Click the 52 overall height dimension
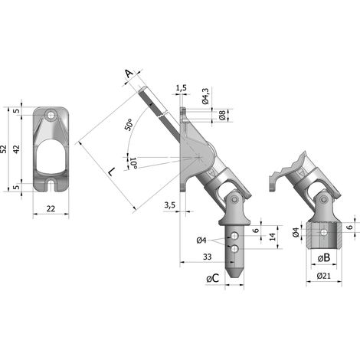(4, 149)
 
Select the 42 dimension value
(16, 149)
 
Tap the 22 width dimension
(51, 209)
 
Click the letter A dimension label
(129, 74)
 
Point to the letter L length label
(111, 172)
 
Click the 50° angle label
(129, 125)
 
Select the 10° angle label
(133, 163)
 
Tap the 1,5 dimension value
(182, 88)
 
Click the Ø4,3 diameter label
(205, 97)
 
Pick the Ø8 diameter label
(222, 116)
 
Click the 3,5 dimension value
(170, 205)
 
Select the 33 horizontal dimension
(208, 257)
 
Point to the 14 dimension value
(273, 237)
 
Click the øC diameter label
(213, 279)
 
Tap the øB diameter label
(324, 258)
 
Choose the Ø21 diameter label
(324, 276)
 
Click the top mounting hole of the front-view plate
(51, 115)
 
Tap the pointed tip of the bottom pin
(234, 277)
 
